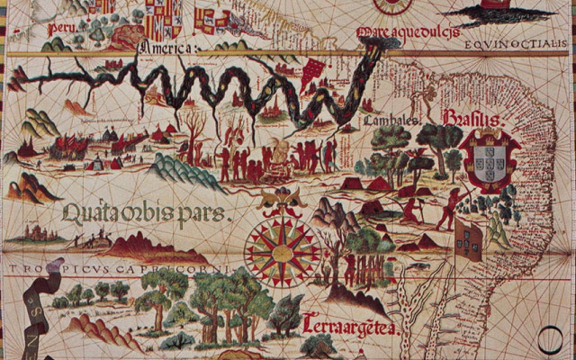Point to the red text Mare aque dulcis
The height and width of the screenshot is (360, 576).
coord(404,34)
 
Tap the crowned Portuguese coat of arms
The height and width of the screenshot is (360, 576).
coord(490,162)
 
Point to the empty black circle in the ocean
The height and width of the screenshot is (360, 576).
coord(551,338)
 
